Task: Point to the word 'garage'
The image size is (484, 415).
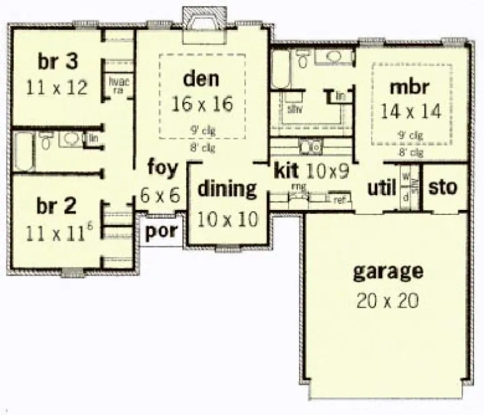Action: (x=388, y=272)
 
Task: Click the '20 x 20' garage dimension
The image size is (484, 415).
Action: (x=388, y=301)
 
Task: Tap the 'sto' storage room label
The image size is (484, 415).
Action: (x=444, y=187)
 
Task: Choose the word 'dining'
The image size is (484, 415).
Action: (x=227, y=189)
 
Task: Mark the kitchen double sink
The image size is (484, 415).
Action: (x=309, y=147)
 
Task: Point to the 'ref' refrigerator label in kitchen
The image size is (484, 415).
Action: (x=340, y=201)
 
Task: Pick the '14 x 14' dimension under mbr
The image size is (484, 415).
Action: (x=410, y=112)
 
